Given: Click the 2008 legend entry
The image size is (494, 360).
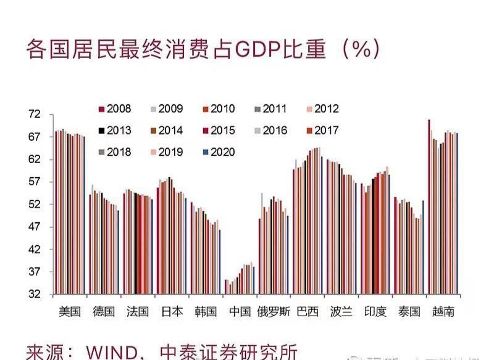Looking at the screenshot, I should coord(115,109).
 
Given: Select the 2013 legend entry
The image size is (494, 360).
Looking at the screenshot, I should coord(115,130).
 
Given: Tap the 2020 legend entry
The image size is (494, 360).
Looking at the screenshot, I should coord(219,152).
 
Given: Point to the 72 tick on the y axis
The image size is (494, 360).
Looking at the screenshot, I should coord(33,115).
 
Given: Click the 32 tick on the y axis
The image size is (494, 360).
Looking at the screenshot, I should coord(33,295).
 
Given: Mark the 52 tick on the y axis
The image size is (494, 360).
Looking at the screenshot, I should coord(33,204).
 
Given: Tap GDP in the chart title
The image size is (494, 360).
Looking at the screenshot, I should coord(256,50).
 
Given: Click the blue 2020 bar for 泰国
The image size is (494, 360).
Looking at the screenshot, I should coord(423,247).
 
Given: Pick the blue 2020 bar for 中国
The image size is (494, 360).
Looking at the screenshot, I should coord(254,280).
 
